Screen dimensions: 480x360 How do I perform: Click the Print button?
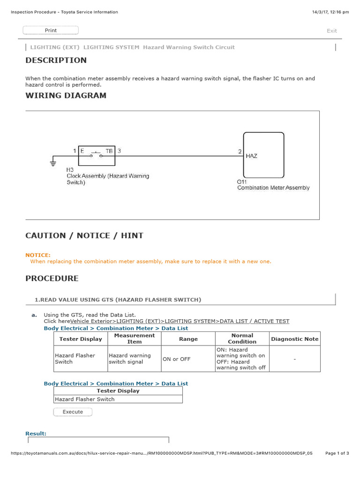click(x=51, y=30)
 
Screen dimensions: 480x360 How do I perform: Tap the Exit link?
click(x=331, y=31)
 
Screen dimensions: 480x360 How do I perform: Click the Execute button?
click(x=73, y=412)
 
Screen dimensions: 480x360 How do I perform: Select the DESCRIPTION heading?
click(x=56, y=60)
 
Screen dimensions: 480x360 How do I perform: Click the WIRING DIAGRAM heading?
click(x=66, y=96)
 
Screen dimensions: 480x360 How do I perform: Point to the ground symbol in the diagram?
click(x=52, y=163)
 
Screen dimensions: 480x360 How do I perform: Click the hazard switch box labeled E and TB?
click(x=97, y=155)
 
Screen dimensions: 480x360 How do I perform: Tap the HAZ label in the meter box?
click(x=251, y=156)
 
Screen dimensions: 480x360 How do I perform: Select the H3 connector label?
click(x=70, y=169)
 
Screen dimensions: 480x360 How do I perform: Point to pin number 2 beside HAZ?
click(x=240, y=151)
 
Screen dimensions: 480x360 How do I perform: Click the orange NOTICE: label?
click(x=37, y=255)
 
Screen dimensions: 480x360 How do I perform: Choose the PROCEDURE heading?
click(x=52, y=278)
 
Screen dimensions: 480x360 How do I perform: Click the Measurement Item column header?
click(x=135, y=339)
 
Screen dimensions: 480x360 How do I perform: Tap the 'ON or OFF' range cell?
click(x=176, y=359)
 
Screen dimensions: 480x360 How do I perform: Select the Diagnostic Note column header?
click(x=294, y=339)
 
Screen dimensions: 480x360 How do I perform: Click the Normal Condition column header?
click(x=242, y=339)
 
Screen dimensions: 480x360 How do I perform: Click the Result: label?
click(x=36, y=434)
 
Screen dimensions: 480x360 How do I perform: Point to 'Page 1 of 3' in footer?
click(x=337, y=453)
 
